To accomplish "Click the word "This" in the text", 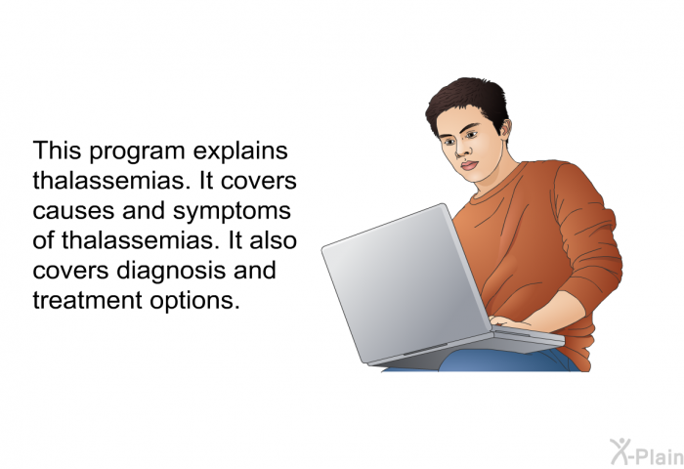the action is coord(57,150).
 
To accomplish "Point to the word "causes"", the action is coord(73,212).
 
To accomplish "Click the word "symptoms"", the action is coord(233,212).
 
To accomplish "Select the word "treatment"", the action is coord(87,301).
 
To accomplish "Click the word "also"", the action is coord(273,240).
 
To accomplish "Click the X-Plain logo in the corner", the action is coord(647,452).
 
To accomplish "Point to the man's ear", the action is coord(505,129).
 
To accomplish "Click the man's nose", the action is coord(462,149).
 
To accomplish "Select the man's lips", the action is coord(469,165).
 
